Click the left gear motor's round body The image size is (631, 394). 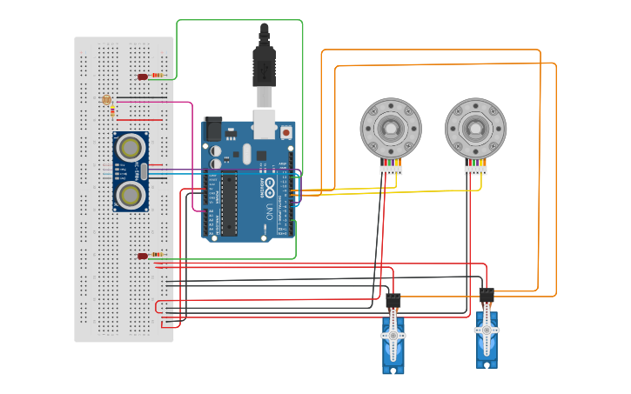(391, 128)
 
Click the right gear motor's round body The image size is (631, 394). (475, 128)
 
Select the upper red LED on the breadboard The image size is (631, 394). (143, 77)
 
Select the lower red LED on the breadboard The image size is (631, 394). (143, 256)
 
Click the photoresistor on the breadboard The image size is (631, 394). (106, 100)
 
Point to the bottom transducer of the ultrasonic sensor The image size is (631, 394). (131, 193)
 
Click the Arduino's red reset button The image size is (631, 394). (285, 132)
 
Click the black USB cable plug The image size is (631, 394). (264, 65)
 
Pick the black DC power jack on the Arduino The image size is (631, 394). (212, 130)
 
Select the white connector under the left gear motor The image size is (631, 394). (391, 170)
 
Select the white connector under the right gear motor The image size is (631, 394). (475, 170)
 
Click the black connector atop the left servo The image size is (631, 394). (393, 301)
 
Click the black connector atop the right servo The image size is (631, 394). (487, 294)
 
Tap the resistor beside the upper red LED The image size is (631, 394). (158, 76)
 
